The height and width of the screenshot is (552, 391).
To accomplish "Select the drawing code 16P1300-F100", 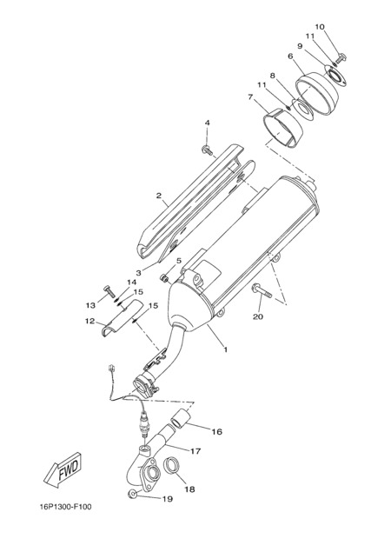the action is click(x=65, y=507).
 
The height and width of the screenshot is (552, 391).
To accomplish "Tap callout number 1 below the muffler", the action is click(x=226, y=349).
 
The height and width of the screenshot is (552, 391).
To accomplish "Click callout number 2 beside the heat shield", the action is click(x=159, y=196).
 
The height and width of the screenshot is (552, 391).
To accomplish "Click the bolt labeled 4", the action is click(x=207, y=150).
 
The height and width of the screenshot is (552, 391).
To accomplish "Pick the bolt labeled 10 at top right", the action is click(x=341, y=57).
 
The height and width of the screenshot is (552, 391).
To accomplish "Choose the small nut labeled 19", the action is click(x=132, y=495).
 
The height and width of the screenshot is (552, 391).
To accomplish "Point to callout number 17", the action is click(x=195, y=451).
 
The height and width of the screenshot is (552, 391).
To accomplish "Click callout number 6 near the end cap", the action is click(x=290, y=57).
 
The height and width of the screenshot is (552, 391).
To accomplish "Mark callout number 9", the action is click(x=300, y=46).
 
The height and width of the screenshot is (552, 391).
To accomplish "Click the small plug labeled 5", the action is click(x=164, y=279).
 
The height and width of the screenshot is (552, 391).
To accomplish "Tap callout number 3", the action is click(x=139, y=273).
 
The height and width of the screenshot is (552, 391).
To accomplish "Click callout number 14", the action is click(x=131, y=283).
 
